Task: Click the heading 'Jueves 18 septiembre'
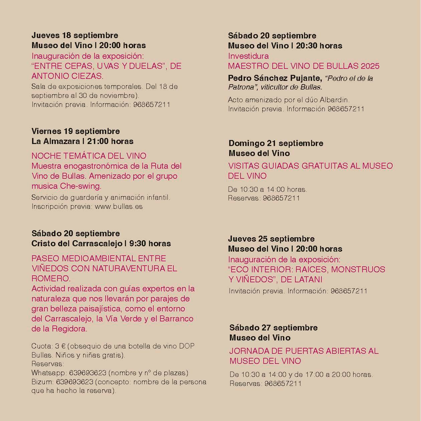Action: pyautogui.click(x=75, y=35)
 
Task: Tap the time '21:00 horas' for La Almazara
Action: pyautogui.click(x=110, y=141)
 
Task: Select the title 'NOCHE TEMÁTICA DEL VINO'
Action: pyautogui.click(x=89, y=156)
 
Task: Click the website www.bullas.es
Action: pyautogui.click(x=119, y=206)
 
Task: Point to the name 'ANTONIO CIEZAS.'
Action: pyautogui.click(x=67, y=76)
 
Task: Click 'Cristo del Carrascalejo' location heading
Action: pyautogui.click(x=77, y=244)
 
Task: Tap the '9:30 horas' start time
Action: pyautogui.click(x=150, y=244)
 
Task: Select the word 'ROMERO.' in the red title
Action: pyautogui.click(x=51, y=278)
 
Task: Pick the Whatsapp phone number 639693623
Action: pyautogui.click(x=88, y=373)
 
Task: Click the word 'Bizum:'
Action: pyautogui.click(x=43, y=382)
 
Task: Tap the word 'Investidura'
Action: pyautogui.click(x=248, y=56)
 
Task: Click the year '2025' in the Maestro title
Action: pyautogui.click(x=370, y=66)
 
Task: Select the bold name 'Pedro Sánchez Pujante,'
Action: pyautogui.click(x=275, y=78)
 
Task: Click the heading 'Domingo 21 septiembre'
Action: pyautogui.click(x=276, y=143)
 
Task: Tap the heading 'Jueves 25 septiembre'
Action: pyautogui.click(x=271, y=239)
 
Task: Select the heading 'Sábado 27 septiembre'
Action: pyautogui.click(x=273, y=328)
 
